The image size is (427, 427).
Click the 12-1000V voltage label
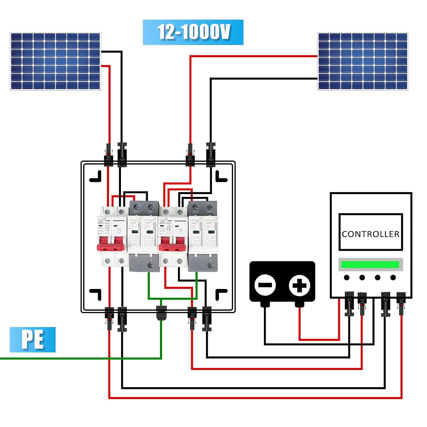pyautogui.click(x=193, y=32)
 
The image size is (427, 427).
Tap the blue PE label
pyautogui.click(x=32, y=339)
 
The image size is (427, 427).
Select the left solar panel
pyautogui.click(x=56, y=61)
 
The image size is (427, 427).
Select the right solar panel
pyautogui.click(x=363, y=61)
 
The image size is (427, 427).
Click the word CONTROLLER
pyautogui.click(x=370, y=234)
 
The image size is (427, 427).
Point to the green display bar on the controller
pyautogui.click(x=370, y=264)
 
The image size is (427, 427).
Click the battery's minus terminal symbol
pyautogui.click(x=265, y=285)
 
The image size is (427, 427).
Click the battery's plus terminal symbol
pyautogui.click(x=299, y=285)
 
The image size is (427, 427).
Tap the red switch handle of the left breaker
pyautogui.click(x=112, y=246)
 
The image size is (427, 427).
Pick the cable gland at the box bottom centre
pyautogui.click(x=161, y=313)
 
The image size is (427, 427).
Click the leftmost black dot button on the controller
pyautogui.click(x=347, y=278)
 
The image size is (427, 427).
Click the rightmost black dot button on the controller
pyautogui.click(x=393, y=278)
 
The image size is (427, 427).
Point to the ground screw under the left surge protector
pyautogui.click(x=151, y=265)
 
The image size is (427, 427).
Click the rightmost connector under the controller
pyautogui.click(x=401, y=303)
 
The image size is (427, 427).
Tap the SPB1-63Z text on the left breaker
pyautogui.click(x=104, y=223)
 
